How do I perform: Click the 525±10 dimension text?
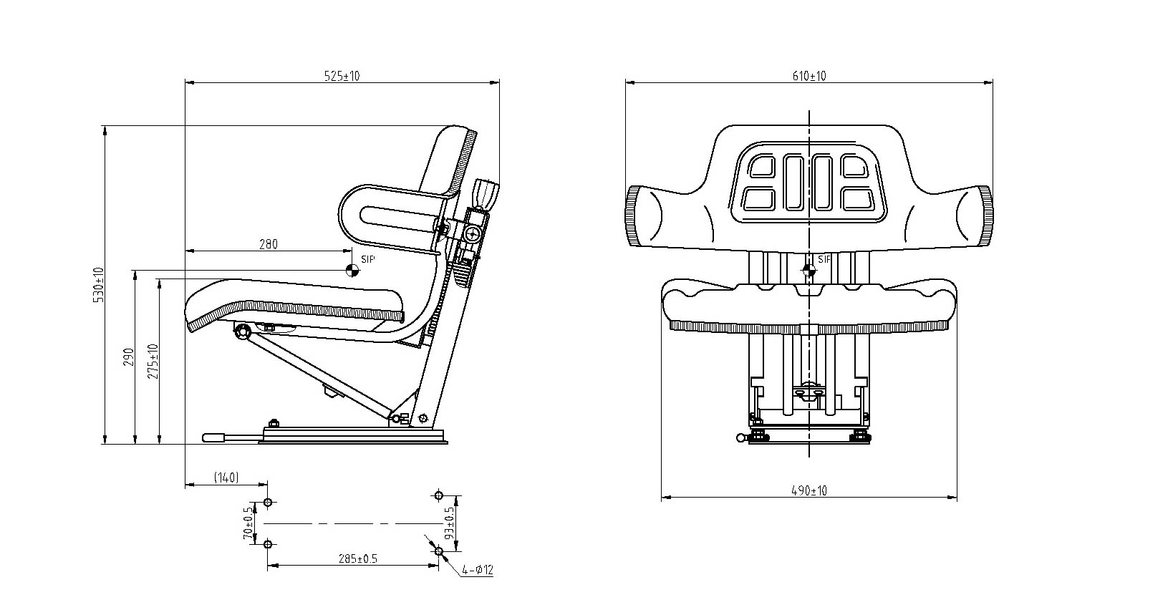point(342,76)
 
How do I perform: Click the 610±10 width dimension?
point(809,76)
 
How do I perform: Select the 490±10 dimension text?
point(809,491)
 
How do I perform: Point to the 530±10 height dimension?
point(99,285)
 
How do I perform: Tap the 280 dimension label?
point(267,244)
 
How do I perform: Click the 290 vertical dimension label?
point(129,357)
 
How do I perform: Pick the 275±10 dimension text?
point(153,362)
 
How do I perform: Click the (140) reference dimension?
point(226,478)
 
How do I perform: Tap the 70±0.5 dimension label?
point(248,523)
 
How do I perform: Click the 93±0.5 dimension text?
point(450,523)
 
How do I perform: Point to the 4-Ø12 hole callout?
point(478,571)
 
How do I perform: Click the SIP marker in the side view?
point(352,270)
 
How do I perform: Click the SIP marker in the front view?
point(808,270)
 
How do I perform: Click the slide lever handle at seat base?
point(215,437)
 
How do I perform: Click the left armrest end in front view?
point(643,216)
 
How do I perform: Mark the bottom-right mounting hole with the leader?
point(439,551)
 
